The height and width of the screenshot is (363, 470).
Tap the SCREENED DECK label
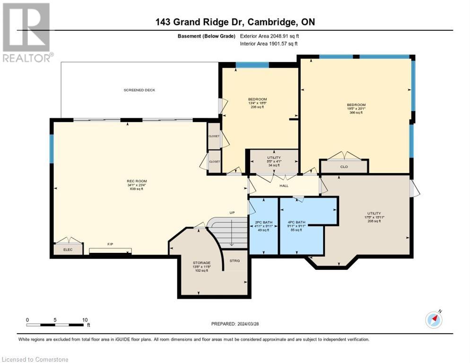pos(139,90)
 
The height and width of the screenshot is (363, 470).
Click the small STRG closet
pos(235,260)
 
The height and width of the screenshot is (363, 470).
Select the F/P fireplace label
pos(110,244)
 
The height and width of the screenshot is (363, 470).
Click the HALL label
pos(284,186)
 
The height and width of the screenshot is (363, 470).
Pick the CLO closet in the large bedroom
pos(344,166)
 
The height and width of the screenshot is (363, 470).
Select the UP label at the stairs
pos(232,213)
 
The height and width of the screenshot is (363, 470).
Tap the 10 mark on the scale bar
pos(85,320)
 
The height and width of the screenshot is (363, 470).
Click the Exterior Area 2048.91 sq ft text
pos(269,36)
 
